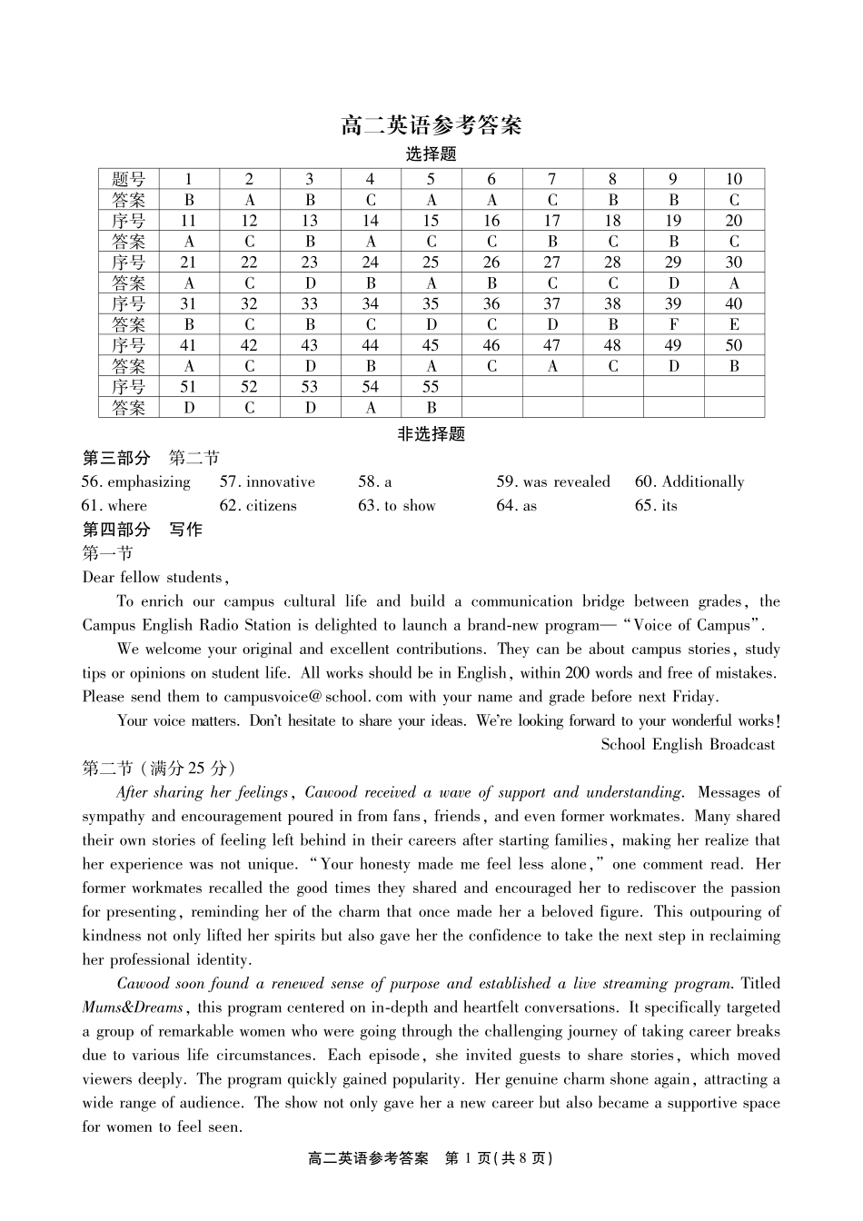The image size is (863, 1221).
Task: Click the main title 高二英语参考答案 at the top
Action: click(x=431, y=125)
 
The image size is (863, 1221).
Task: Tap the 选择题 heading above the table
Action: click(x=431, y=154)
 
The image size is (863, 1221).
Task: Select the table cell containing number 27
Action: click(x=552, y=263)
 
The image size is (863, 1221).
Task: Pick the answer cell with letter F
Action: click(x=673, y=325)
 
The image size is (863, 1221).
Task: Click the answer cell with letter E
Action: click(x=734, y=325)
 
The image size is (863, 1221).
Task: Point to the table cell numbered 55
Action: click(x=431, y=388)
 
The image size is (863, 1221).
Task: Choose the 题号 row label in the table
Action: click(x=128, y=179)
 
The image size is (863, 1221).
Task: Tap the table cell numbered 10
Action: click(x=734, y=179)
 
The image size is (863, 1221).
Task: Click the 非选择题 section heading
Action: click(x=431, y=435)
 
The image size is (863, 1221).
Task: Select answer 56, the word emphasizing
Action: click(x=149, y=482)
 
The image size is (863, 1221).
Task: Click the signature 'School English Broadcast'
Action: click(x=688, y=745)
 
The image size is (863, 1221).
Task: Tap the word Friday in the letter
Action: click(x=693, y=698)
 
